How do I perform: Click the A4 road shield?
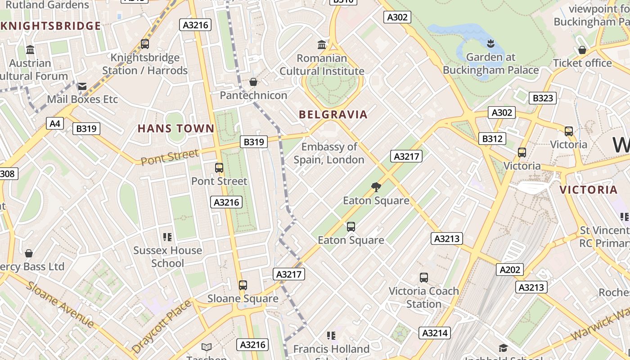55,123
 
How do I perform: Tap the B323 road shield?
543,98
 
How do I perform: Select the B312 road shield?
492,139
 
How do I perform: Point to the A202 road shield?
510,270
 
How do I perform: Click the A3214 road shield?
435,333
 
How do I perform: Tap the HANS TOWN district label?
176,129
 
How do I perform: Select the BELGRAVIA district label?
333,115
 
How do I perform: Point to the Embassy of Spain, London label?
329,153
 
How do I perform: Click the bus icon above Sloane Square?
243,285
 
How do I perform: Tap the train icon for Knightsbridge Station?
145,44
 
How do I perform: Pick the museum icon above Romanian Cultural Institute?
322,45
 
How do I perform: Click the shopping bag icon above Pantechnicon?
253,82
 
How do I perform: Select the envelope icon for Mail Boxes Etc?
82,86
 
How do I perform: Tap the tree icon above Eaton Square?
376,187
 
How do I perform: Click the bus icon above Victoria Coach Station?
424,277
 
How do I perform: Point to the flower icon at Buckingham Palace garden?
490,44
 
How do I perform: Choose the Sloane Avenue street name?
60,305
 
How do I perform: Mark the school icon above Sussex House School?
167,237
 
